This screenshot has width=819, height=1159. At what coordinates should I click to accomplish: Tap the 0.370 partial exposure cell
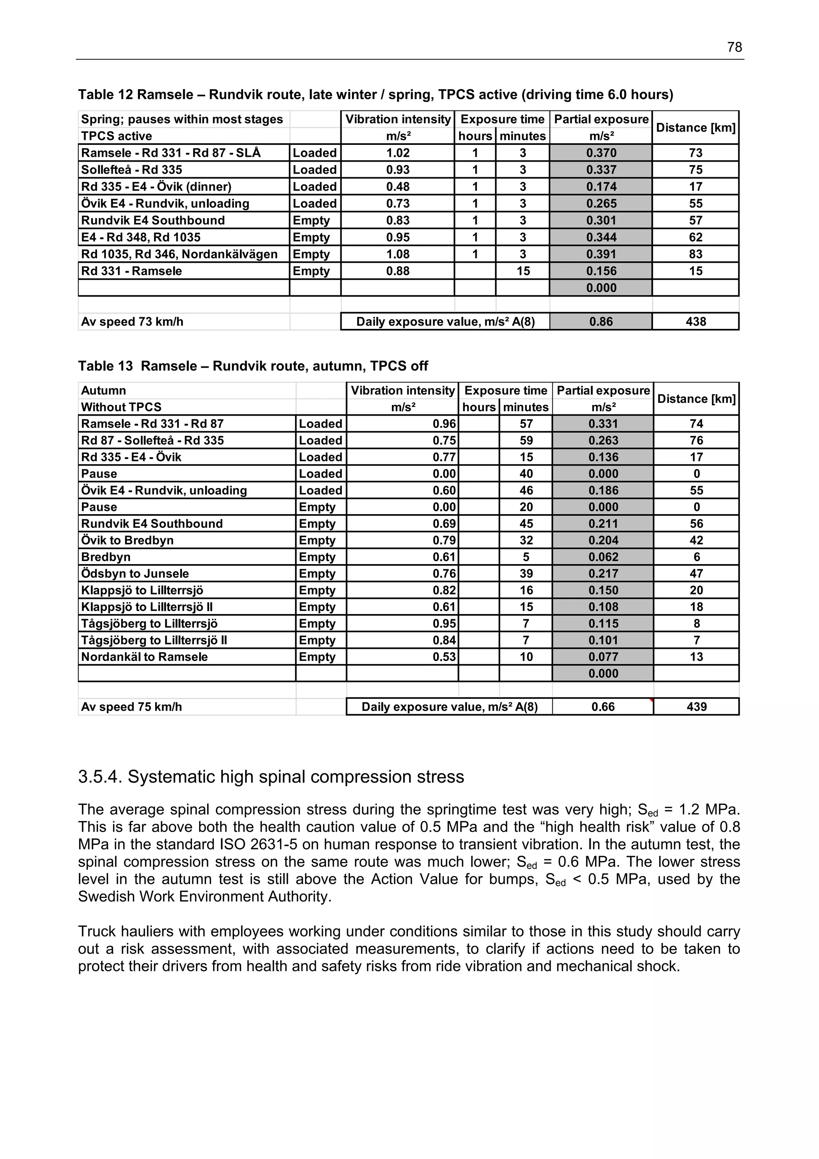[x=601, y=153]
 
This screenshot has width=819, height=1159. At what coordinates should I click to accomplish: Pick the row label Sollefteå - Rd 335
[x=132, y=170]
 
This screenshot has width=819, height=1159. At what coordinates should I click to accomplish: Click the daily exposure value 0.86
[x=601, y=322]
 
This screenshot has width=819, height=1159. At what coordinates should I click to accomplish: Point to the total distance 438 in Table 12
[x=695, y=322]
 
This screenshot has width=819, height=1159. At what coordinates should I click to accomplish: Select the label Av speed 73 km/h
[x=132, y=322]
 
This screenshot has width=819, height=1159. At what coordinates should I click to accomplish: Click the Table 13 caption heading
[x=253, y=366]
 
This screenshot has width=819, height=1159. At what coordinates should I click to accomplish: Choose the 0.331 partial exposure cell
[x=603, y=424]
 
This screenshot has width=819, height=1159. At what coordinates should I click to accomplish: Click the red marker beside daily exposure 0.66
[x=651, y=701]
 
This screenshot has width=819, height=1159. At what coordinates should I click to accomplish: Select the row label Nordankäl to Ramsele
[x=144, y=657]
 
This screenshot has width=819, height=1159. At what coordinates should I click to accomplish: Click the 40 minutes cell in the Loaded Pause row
[x=526, y=474]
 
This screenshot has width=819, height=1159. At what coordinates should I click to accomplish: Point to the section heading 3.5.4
[x=271, y=777]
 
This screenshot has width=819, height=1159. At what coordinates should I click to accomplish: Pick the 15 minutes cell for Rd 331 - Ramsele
[x=523, y=271]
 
